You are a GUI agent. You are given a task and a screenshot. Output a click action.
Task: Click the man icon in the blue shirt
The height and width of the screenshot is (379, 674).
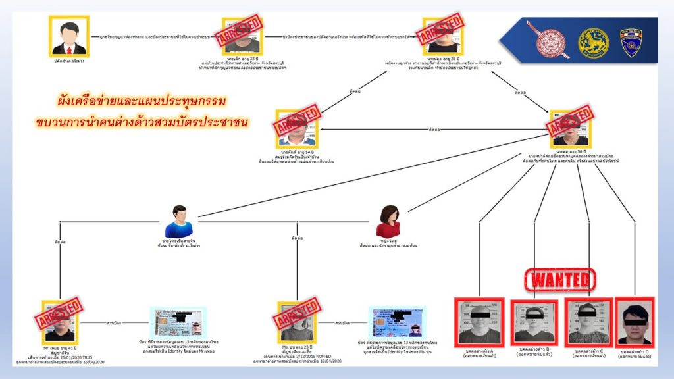[x=178, y=221]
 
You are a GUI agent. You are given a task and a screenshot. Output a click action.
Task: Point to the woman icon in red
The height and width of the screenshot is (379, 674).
[x=388, y=220]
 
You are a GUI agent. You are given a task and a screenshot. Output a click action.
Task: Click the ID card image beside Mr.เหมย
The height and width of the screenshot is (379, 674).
[x=179, y=322]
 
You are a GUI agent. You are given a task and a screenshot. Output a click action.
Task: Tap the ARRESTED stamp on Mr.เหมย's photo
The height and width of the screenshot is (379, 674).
[x=61, y=315]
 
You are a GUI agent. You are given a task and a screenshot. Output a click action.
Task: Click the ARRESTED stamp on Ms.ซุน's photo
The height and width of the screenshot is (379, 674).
[x=296, y=315]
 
